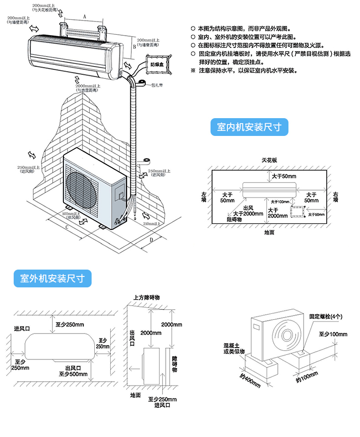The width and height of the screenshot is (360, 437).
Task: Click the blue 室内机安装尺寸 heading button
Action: pyautogui.click(x=249, y=127)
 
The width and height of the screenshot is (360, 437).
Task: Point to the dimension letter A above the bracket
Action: pyautogui.click(x=84, y=16)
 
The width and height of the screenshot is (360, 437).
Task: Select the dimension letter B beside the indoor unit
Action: pyautogui.click(x=129, y=47)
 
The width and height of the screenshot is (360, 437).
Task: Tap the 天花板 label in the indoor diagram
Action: pyautogui.click(x=269, y=161)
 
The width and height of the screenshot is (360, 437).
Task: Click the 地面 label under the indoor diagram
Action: pyautogui.click(x=269, y=232)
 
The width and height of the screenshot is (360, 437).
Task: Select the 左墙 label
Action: pyautogui.click(x=204, y=197)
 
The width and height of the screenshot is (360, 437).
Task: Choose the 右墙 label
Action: pyautogui.click(x=335, y=197)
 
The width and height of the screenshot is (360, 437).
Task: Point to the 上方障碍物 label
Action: pyautogui.click(x=147, y=297)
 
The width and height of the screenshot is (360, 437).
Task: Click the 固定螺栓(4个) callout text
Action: pyautogui.click(x=326, y=316)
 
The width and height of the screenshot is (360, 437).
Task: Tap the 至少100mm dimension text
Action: pyautogui.click(x=333, y=334)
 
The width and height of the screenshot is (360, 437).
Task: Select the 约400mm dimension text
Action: pyautogui.click(x=249, y=380)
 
